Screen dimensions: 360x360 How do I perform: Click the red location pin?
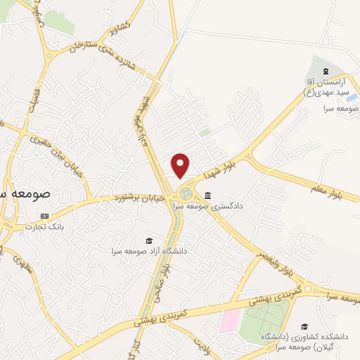(x=181, y=165)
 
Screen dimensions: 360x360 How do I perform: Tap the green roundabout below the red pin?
(x=185, y=193)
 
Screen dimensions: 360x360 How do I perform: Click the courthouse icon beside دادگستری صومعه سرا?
(x=207, y=195)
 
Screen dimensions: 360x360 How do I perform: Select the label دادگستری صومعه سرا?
(x=232, y=206)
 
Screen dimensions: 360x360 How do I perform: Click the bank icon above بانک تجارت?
(x=45, y=216)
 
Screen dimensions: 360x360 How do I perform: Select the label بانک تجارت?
(x=44, y=226)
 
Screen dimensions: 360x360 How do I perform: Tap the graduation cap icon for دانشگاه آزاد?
(x=148, y=240)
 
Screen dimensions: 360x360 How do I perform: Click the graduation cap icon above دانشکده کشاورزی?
(x=304, y=326)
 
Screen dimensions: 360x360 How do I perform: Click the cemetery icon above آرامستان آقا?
(x=325, y=72)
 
